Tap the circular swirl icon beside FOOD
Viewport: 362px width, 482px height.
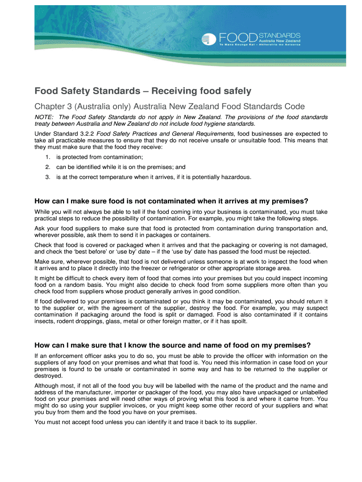click(x=209, y=40)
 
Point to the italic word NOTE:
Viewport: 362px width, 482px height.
click(x=44, y=117)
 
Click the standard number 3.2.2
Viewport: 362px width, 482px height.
click(x=87, y=134)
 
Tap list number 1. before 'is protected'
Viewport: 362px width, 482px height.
click(x=47, y=157)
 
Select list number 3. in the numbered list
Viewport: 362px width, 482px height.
click(x=47, y=177)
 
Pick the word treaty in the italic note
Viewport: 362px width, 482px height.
click(x=43, y=124)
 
